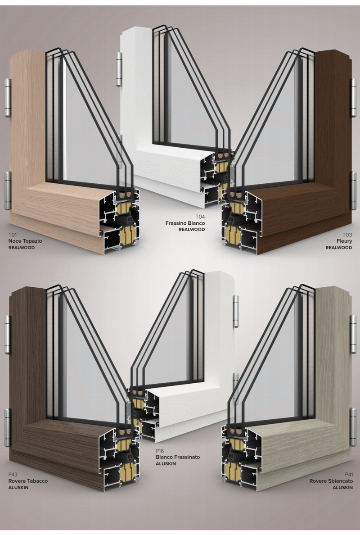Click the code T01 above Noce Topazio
[x=13, y=235]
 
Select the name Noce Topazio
[x=25, y=241]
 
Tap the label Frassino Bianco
[x=185, y=223]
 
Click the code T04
[x=200, y=217]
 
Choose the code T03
[x=347, y=235]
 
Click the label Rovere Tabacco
[x=28, y=481]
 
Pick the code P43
[x=13, y=475]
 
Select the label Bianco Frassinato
[x=178, y=457]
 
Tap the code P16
[x=160, y=451]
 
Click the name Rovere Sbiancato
[x=331, y=481]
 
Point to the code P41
[x=349, y=475]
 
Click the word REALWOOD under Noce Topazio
[x=22, y=248]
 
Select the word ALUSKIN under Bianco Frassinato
[x=166, y=464]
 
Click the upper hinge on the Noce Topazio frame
[x=8, y=98]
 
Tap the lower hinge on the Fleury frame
[x=354, y=190]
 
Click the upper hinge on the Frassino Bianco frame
[x=119, y=69]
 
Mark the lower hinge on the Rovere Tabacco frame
[x=8, y=428]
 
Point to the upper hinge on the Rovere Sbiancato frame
[x=353, y=334]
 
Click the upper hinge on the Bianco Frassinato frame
[x=235, y=312]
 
